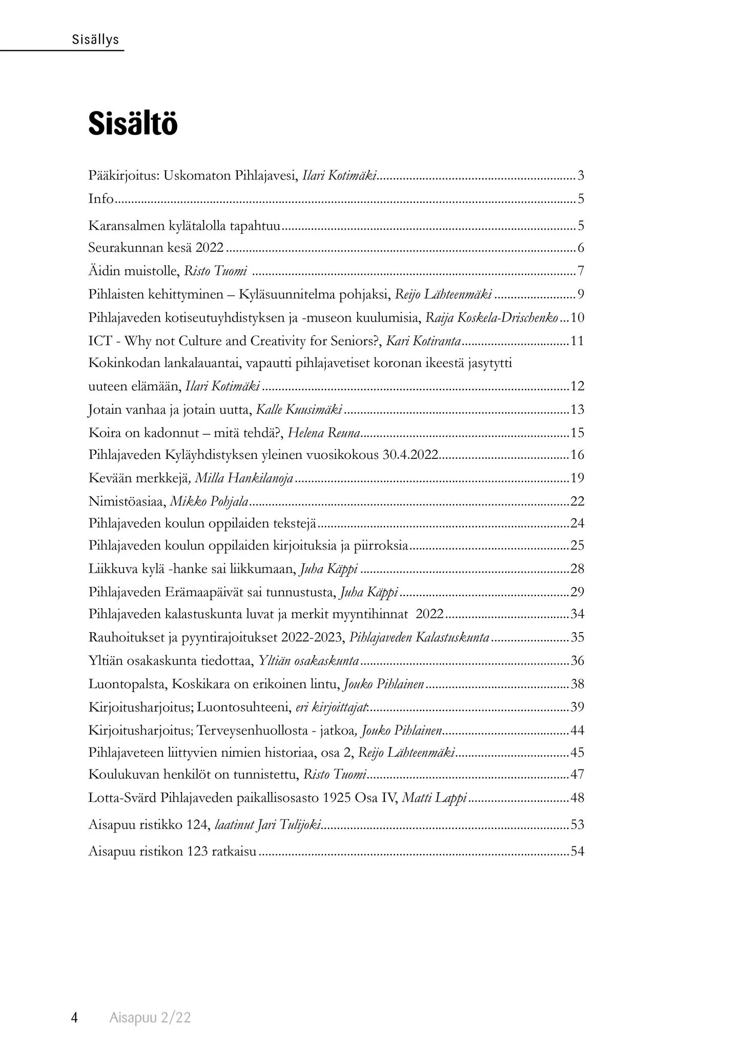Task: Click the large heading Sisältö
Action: click(133, 124)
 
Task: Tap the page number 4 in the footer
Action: click(74, 1018)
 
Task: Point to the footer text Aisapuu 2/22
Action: click(150, 1018)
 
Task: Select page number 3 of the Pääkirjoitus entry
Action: click(581, 176)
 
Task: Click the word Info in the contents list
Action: click(100, 199)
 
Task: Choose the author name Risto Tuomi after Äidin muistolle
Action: click(215, 271)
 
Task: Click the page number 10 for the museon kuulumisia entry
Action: click(577, 318)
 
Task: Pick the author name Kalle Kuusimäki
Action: click(298, 410)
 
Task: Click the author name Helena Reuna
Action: click(324, 433)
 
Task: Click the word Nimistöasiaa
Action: click(127, 501)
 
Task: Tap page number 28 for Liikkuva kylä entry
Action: click(577, 569)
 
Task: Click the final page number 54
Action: click(577, 852)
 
